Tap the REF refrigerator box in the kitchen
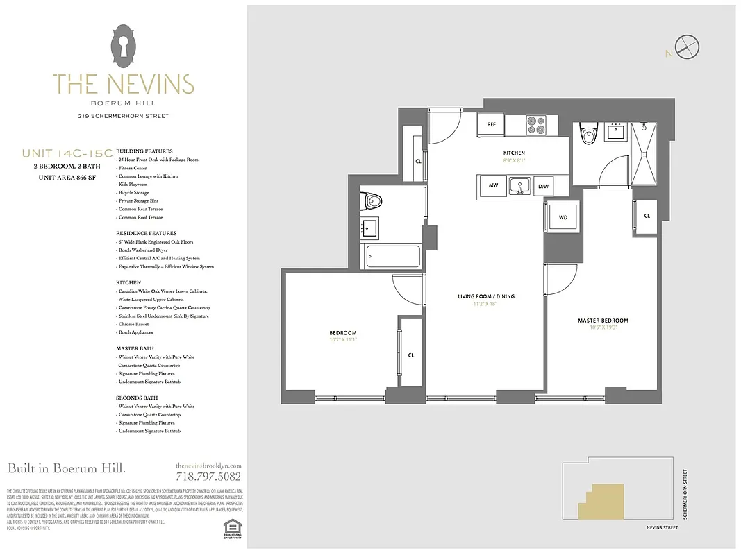[491, 125]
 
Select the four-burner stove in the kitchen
[536, 125]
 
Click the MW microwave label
[492, 186]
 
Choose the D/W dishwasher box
[544, 186]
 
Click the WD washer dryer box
[563, 217]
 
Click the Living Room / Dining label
[485, 297]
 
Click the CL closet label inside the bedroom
[411, 355]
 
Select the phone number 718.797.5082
[208, 477]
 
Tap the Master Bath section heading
[135, 348]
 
